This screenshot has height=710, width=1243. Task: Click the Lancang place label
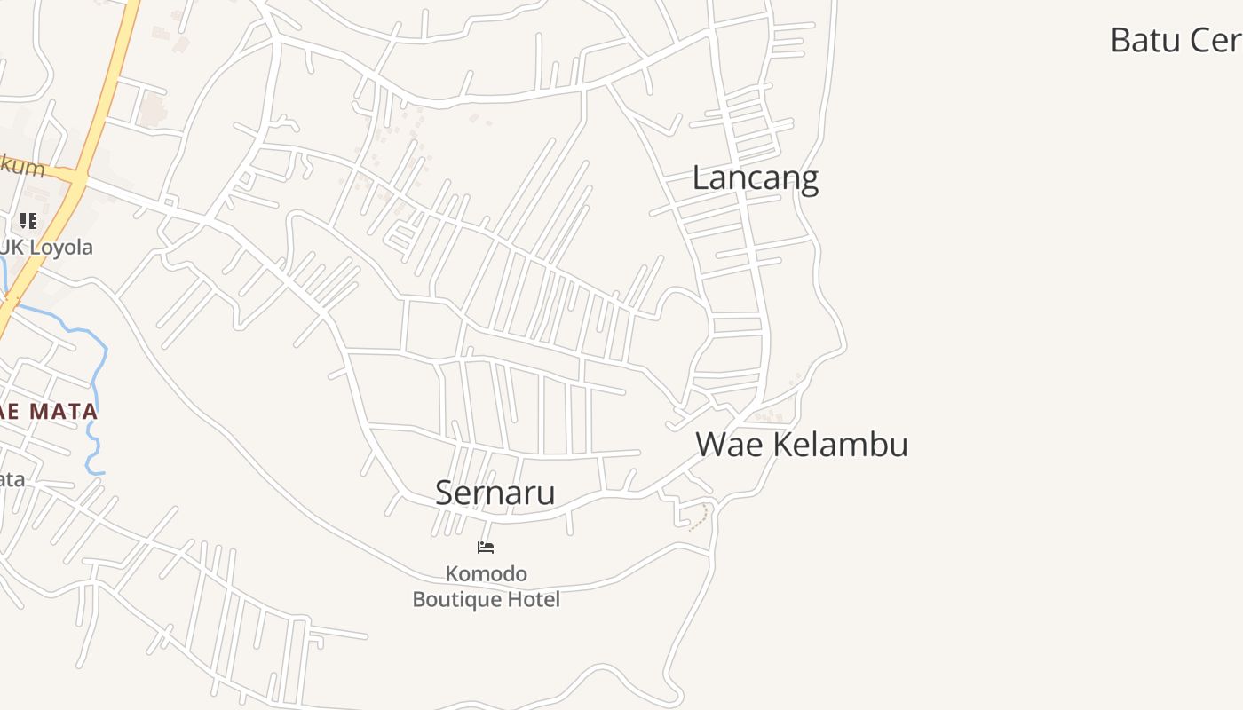pyautogui.click(x=755, y=178)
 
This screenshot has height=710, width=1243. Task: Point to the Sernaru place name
pyautogui.click(x=495, y=493)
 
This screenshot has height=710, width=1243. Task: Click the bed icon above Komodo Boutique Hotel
pyautogui.click(x=486, y=548)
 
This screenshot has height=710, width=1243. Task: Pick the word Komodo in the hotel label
pyautogui.click(x=486, y=574)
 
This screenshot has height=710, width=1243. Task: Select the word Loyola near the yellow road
pyautogui.click(x=59, y=248)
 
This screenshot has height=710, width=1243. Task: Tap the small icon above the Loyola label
pyautogui.click(x=28, y=220)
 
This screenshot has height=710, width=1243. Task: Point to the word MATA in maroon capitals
pyautogui.click(x=63, y=412)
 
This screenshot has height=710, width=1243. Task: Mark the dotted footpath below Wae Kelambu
pyautogui.click(x=701, y=517)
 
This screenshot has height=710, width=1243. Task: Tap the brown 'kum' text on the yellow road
pyautogui.click(x=24, y=166)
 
